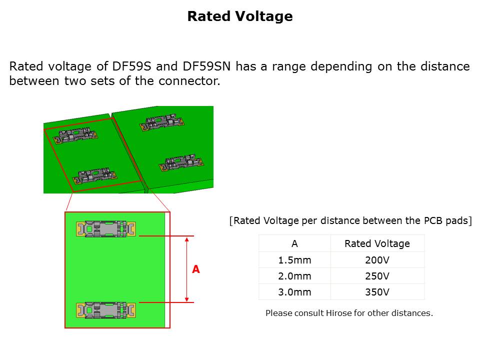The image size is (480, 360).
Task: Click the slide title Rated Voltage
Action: (x=239, y=16)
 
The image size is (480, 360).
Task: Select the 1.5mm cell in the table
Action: (x=294, y=260)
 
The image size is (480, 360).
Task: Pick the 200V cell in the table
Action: (x=377, y=260)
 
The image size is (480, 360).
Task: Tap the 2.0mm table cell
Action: (x=294, y=276)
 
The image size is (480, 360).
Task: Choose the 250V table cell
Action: (x=377, y=276)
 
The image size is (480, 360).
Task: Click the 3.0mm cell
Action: (x=294, y=292)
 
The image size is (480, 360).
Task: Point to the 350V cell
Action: (x=377, y=292)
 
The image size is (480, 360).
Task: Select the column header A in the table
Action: (x=294, y=244)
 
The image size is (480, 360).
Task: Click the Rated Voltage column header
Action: (x=377, y=244)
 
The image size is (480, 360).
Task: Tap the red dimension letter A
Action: (x=196, y=269)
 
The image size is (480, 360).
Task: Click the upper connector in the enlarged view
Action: (x=105, y=229)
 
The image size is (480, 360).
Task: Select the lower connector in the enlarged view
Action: (x=105, y=310)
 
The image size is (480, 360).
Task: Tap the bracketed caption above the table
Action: (x=350, y=220)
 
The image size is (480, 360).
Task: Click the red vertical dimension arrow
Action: (x=186, y=269)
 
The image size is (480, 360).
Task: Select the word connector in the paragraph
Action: (x=193, y=81)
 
